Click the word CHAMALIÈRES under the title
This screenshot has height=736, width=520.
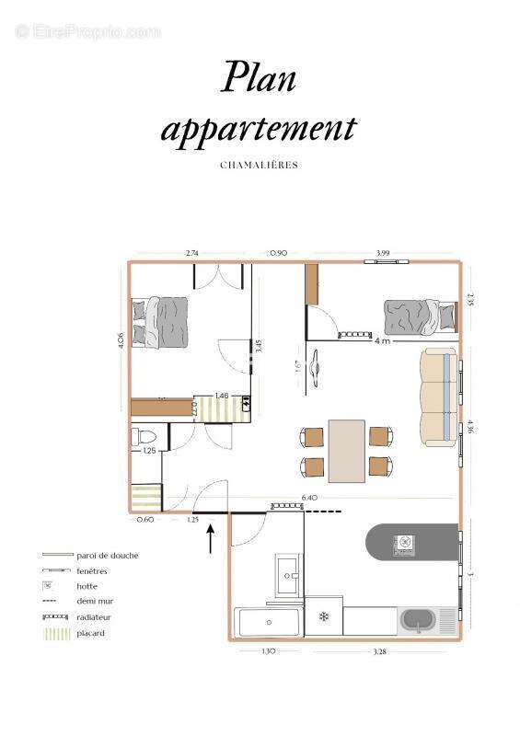click(260, 166)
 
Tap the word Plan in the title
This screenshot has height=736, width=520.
click(259, 79)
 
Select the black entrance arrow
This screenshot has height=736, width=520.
click(211, 537)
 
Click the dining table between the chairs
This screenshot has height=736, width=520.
click(346, 450)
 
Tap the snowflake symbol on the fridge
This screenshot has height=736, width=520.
click(324, 616)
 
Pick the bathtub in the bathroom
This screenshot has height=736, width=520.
click(269, 623)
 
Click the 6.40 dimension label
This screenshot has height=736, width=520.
click(309, 499)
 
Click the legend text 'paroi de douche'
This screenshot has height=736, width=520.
click(109, 555)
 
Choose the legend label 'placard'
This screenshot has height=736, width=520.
click(91, 633)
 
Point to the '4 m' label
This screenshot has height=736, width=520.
click(382, 339)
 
